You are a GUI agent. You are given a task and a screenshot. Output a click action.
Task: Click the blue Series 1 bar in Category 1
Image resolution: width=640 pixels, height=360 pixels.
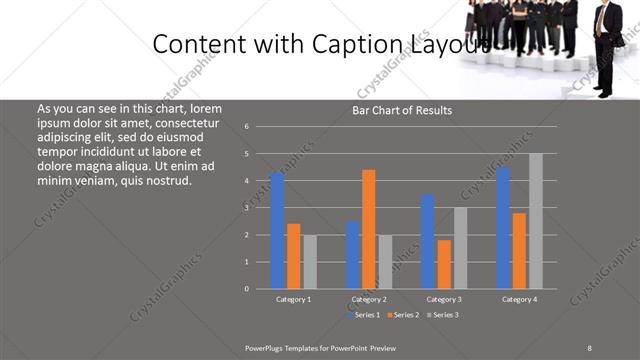click(277, 231)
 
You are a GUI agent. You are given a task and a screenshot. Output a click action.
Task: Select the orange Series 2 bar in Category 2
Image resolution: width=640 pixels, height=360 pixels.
click(369, 229)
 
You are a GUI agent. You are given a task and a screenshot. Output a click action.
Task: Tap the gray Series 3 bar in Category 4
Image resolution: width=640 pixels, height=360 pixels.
click(536, 221)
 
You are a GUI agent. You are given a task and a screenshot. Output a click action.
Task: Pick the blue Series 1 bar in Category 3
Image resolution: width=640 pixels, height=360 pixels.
click(427, 241)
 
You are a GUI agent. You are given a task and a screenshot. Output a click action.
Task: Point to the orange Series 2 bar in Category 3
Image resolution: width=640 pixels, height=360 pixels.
click(444, 264)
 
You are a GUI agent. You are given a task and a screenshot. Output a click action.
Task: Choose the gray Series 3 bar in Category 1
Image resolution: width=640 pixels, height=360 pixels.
click(310, 262)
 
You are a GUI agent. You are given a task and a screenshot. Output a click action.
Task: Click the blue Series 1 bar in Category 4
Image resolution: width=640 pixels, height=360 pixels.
click(503, 228)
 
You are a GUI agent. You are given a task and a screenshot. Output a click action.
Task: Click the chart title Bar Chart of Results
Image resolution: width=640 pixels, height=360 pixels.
click(402, 110)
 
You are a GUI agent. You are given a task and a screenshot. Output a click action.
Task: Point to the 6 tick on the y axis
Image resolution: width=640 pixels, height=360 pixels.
click(246, 127)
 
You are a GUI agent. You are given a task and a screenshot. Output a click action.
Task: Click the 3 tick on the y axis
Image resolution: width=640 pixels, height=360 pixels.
click(246, 208)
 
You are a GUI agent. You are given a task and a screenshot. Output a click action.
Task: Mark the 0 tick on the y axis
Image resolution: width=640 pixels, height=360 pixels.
click(246, 289)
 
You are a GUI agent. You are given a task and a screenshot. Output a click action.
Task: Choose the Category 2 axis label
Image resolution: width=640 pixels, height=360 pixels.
click(369, 299)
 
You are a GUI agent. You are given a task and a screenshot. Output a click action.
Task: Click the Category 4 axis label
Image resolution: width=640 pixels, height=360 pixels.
click(519, 299)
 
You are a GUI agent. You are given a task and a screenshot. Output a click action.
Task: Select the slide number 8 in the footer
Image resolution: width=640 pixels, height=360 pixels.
click(589, 347)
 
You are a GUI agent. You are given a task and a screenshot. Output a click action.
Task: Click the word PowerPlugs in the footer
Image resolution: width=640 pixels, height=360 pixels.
click(269, 347)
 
